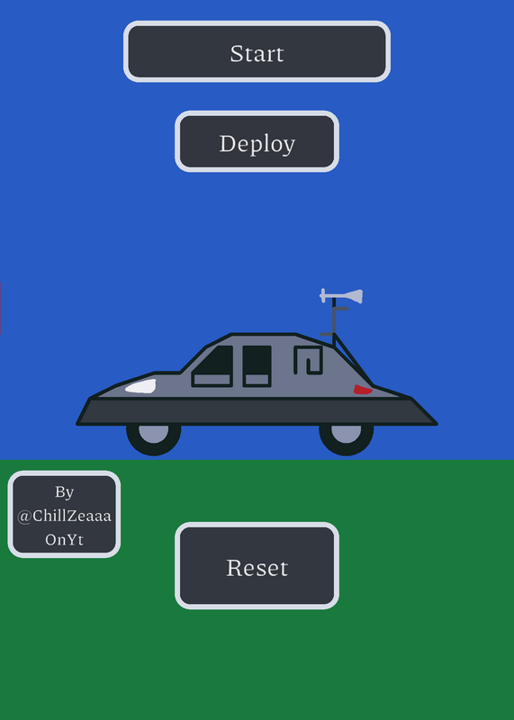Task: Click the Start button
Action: [257, 51]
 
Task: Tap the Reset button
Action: [257, 566]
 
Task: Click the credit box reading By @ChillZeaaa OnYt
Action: [64, 514]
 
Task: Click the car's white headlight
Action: [140, 387]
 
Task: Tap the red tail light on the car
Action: [363, 390]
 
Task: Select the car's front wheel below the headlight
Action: [154, 439]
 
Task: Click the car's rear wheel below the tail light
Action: [347, 439]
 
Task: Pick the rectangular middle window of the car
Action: [257, 366]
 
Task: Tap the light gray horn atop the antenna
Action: [342, 296]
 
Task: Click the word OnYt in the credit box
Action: [64, 539]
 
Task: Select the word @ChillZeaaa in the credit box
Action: [64, 516]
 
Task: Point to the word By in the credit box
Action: [64, 492]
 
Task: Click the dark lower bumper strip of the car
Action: [257, 411]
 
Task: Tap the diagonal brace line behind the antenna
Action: [354, 361]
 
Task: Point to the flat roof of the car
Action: [264, 335]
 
